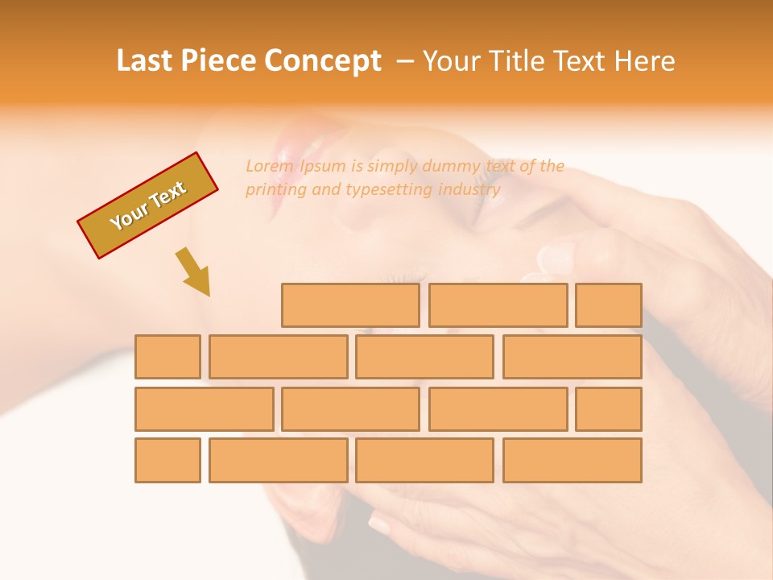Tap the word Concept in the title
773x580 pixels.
(x=323, y=61)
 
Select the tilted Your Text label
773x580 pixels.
(x=148, y=205)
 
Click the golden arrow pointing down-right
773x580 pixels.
(x=193, y=271)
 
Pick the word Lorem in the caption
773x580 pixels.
(x=270, y=166)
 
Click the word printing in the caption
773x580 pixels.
(x=274, y=189)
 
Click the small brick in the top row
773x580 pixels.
(x=609, y=305)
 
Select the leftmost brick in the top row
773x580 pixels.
(x=350, y=305)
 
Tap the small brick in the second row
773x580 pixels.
(x=167, y=357)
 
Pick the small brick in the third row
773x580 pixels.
(x=609, y=409)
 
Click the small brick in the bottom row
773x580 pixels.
(x=167, y=460)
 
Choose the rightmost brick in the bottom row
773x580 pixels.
(x=573, y=460)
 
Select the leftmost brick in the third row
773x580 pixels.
(x=204, y=409)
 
